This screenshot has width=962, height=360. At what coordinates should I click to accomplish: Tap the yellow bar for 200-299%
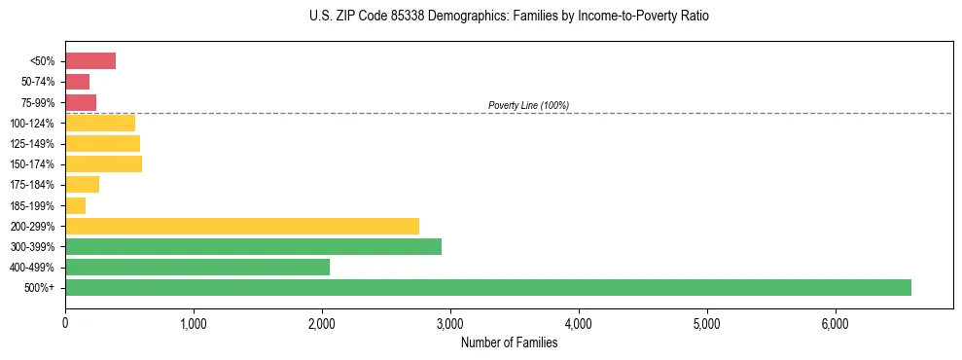242,226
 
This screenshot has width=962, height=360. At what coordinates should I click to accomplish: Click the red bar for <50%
90,61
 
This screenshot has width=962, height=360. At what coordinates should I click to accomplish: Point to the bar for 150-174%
103,163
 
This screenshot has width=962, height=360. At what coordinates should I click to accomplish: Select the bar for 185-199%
76,205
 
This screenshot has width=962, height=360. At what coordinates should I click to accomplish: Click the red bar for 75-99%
81,102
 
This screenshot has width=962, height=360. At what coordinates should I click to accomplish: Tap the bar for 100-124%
100,123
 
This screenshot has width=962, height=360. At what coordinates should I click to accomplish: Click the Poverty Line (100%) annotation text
528,105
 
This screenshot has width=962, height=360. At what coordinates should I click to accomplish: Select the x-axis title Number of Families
509,342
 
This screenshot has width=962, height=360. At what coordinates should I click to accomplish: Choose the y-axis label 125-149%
32,144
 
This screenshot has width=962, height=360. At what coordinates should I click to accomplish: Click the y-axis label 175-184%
32,185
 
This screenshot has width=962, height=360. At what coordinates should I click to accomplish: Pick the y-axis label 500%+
40,288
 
